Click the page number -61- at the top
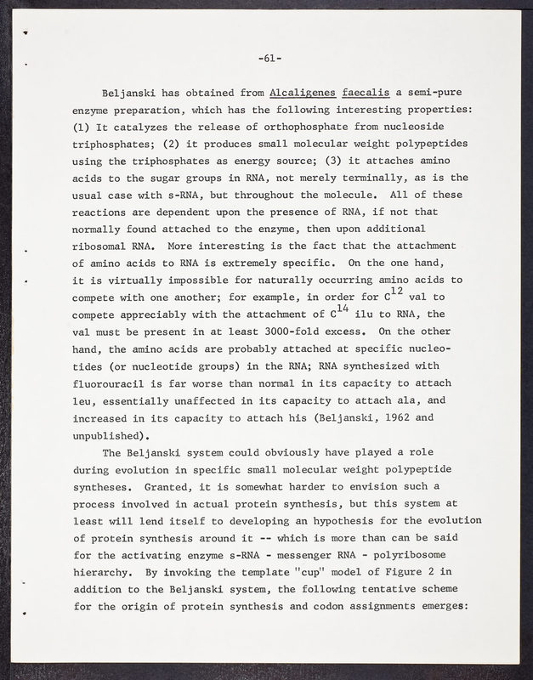[x=269, y=59]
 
